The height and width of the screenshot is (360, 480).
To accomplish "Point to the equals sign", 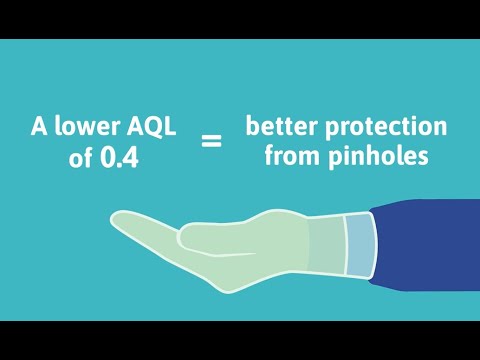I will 211,142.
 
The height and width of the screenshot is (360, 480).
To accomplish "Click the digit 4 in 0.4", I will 132,157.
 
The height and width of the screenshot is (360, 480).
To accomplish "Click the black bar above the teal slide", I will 240,19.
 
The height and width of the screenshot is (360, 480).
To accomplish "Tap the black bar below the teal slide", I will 240,340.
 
